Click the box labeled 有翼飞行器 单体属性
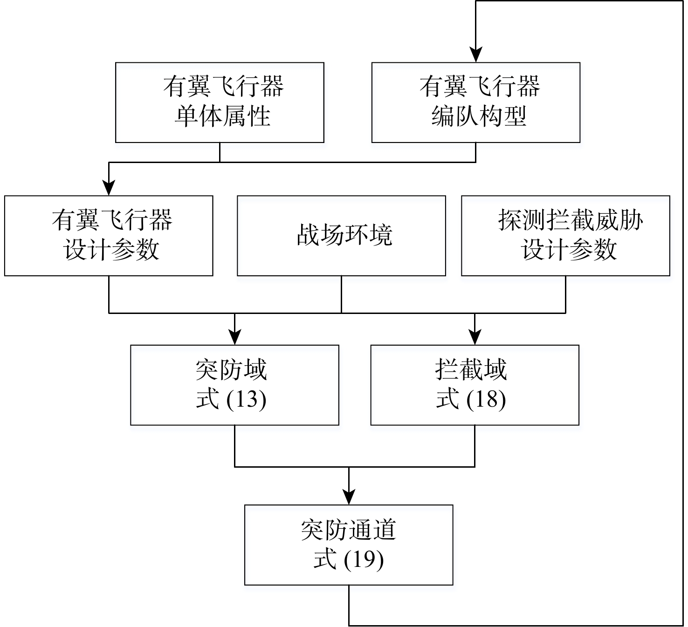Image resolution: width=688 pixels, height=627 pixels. point(220,102)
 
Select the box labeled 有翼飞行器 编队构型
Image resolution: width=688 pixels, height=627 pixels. point(475,102)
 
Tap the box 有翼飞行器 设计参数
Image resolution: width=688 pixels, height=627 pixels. point(109,236)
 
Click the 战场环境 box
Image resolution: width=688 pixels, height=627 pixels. point(341,236)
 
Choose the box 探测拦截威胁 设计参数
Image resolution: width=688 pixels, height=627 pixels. point(565,236)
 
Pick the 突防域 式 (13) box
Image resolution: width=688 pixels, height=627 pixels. point(234,385)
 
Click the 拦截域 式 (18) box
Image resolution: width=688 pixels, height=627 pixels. point(475,385)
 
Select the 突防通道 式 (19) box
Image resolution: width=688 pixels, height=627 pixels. point(349,545)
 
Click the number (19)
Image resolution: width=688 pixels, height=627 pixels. point(364,559)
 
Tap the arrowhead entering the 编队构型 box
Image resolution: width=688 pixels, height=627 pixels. point(475,55)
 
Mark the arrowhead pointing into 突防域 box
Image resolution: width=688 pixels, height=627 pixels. point(234,337)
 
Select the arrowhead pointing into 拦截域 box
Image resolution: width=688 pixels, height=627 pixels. point(475,337)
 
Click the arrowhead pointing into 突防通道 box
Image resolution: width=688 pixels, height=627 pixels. point(349,497)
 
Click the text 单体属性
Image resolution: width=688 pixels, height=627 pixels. point(222,116)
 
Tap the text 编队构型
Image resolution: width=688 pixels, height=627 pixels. point(479,116)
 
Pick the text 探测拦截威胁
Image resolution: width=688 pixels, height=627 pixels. point(571,220)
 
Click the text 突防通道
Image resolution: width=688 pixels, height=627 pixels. point(348,530)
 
